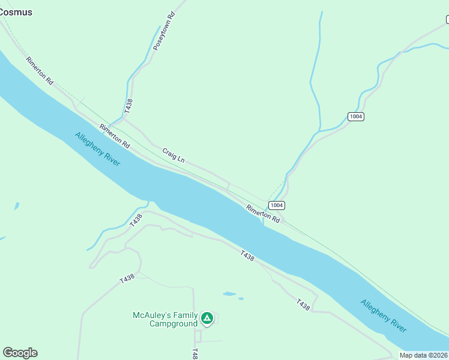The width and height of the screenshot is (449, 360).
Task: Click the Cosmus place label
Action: click(16, 11)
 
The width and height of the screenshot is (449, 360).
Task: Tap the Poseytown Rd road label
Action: click(163, 31)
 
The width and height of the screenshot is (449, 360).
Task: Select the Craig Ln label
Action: click(173, 155)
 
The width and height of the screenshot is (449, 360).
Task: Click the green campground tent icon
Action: click(207, 318)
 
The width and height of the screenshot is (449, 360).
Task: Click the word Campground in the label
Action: click(173, 324)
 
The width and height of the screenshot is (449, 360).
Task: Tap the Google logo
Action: click(20, 353)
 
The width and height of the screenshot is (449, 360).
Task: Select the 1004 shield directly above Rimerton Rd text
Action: click(276, 205)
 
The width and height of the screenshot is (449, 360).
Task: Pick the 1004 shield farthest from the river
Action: click(356, 116)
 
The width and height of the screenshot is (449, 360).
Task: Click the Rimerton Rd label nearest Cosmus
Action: click(40, 70)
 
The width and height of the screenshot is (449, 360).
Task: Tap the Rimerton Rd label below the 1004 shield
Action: click(263, 214)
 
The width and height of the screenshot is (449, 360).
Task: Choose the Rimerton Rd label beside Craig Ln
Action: click(115, 136)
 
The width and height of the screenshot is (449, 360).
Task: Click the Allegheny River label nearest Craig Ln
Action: click(98, 150)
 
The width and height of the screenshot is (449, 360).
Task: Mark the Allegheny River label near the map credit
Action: click(384, 316)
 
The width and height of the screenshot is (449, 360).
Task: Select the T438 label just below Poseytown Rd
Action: click(128, 106)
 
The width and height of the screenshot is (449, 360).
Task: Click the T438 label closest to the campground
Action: click(127, 279)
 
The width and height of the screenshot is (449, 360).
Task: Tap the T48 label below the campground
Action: click(194, 354)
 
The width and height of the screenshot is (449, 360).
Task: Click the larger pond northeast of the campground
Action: click(229, 294)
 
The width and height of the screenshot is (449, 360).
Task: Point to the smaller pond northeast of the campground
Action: click(241, 298)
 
